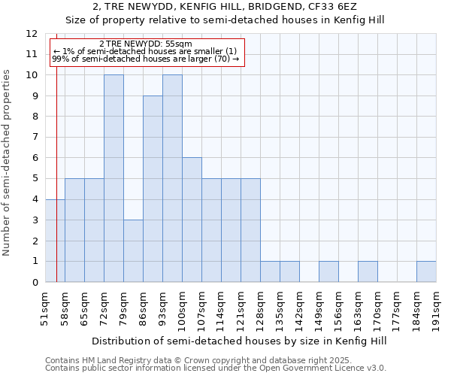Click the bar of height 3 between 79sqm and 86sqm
pos(133,251)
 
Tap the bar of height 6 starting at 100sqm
pos(192,220)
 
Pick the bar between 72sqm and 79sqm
pos(114,178)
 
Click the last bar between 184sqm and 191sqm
pos(426,271)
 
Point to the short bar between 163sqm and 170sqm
pos(368,271)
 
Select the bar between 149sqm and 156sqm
pos(328,271)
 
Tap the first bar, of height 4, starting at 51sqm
pos(55,241)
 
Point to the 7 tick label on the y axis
pos(34,138)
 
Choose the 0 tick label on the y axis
pos(34,283)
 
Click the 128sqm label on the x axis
pos(260,307)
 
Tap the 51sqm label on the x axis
pos(45,307)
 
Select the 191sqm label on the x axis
pos(436,307)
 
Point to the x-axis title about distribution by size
pos(241,341)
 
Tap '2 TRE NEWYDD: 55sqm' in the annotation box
pos(146,44)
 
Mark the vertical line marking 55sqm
pos(56,150)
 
